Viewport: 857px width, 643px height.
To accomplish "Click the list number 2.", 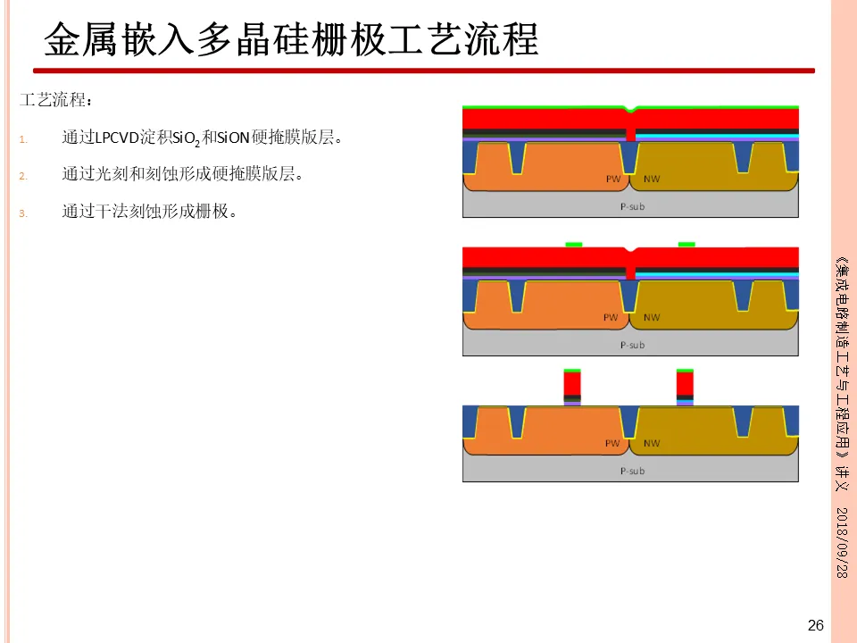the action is [24, 176].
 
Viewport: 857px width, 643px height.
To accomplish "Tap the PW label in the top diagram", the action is [613, 179].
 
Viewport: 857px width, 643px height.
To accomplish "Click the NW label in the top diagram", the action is [652, 179].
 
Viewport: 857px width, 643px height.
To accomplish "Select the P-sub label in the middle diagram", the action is [631, 345].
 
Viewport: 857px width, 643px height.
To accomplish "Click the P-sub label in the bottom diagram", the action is [631, 471].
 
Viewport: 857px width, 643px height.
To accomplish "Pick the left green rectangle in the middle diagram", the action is [574, 244].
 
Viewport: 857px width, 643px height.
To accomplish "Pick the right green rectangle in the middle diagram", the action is [686, 244].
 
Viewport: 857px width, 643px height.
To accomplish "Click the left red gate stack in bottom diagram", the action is [572, 383].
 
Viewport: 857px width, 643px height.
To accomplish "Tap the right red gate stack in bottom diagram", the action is [685, 383].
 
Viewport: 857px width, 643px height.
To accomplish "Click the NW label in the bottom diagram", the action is [652, 443].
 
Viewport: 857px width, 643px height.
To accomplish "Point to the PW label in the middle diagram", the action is [612, 317].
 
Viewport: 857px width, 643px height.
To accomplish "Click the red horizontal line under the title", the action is [423, 71].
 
